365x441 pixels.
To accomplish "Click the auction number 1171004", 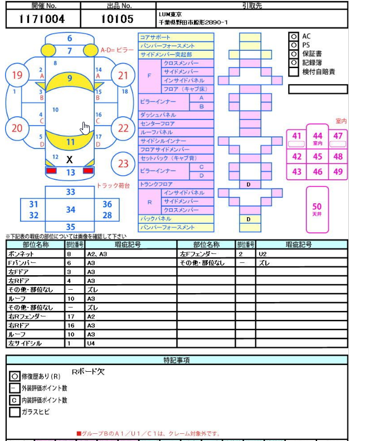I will [42, 20].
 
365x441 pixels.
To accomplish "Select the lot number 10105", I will [117, 20].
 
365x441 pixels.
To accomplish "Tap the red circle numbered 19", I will [17, 75].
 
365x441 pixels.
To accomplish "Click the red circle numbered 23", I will [123, 164].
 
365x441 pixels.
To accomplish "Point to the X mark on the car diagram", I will [70, 160].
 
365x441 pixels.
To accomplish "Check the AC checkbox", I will [293, 36].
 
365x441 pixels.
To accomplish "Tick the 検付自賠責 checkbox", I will [293, 71].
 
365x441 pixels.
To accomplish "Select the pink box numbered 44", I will [317, 138].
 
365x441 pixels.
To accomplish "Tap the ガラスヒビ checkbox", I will [14, 412].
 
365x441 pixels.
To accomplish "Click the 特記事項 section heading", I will [176, 360].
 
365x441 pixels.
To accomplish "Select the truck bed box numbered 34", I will [70, 210].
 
